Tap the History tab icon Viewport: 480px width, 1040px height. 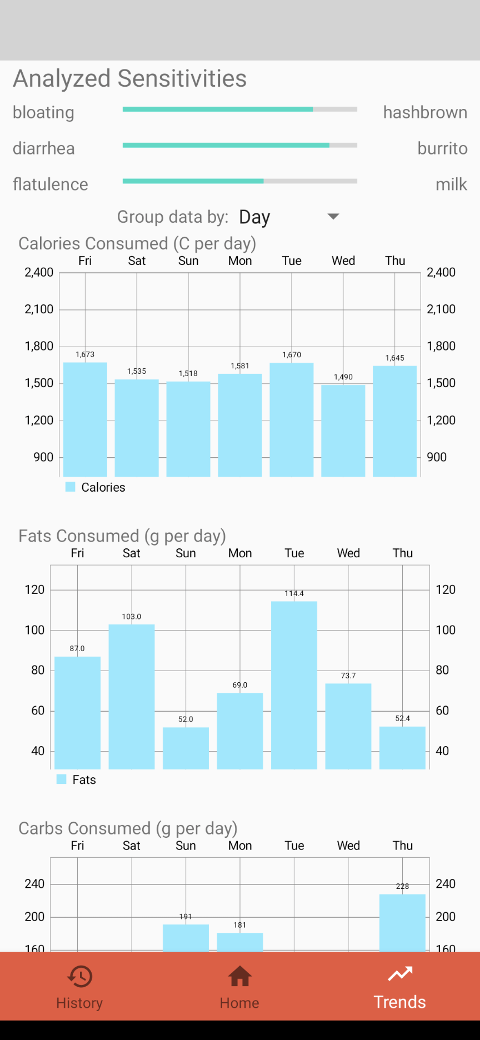click(80, 977)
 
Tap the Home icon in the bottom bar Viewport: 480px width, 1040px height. click(239, 977)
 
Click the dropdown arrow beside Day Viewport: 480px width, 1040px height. click(333, 216)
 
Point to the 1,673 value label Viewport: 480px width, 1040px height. click(85, 354)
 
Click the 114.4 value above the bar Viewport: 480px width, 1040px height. click(294, 593)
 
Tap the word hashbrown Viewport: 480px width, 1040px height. click(425, 112)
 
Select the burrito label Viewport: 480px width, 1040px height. click(442, 148)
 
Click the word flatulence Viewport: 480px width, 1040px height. click(51, 184)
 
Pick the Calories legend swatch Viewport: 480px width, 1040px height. click(70, 487)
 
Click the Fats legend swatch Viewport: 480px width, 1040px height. click(62, 779)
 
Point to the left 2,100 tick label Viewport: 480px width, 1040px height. click(39, 309)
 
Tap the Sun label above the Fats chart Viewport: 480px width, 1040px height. click(186, 553)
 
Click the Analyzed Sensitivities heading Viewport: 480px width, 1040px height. click(130, 78)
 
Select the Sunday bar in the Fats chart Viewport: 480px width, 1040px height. click(186, 748)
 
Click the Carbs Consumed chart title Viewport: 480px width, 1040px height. click(128, 828)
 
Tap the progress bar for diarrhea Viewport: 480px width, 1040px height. click(239, 145)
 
